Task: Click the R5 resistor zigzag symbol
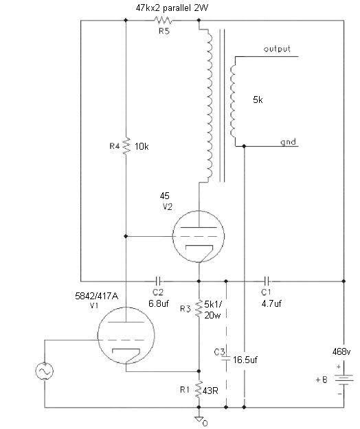pos(163,20)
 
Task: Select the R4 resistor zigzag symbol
pos(126,146)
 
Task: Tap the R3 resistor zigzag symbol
pos(199,308)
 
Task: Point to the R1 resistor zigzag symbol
pos(199,389)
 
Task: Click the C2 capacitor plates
pos(158,281)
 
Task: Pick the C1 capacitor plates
pos(267,281)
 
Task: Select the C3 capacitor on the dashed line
pos(226,358)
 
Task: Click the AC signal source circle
pos(45,371)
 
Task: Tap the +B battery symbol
pos(344,380)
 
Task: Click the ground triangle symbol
pos(199,419)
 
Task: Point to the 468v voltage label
pos(341,352)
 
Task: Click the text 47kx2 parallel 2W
pos(172,8)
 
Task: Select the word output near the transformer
pos(277,49)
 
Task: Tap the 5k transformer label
pos(258,100)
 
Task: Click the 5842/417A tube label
pos(96,296)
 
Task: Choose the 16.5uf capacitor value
pos(245,360)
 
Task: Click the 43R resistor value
pos(210,391)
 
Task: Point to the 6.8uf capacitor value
pos(159,303)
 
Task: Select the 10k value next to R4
pos(142,147)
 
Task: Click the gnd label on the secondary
pos(288,142)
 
